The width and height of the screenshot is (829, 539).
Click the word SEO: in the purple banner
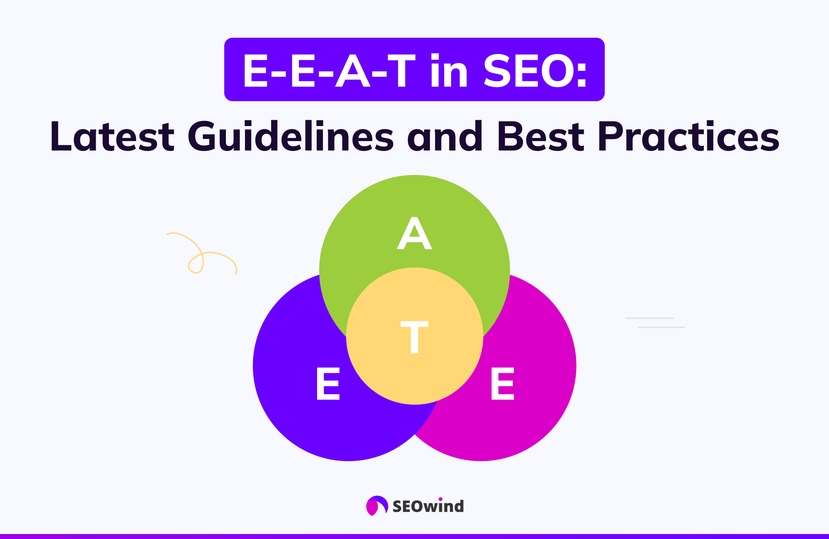point(535,71)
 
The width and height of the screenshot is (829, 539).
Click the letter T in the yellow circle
point(414,337)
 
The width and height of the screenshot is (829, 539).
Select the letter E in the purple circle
point(328,384)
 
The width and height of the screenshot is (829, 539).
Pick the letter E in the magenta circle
point(502,384)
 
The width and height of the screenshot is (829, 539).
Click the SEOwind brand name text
point(428,507)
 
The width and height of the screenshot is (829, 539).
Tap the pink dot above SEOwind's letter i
point(441,499)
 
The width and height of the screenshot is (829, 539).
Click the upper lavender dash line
point(649,318)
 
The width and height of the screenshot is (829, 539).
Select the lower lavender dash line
point(662,327)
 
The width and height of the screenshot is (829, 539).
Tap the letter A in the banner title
point(352,71)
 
